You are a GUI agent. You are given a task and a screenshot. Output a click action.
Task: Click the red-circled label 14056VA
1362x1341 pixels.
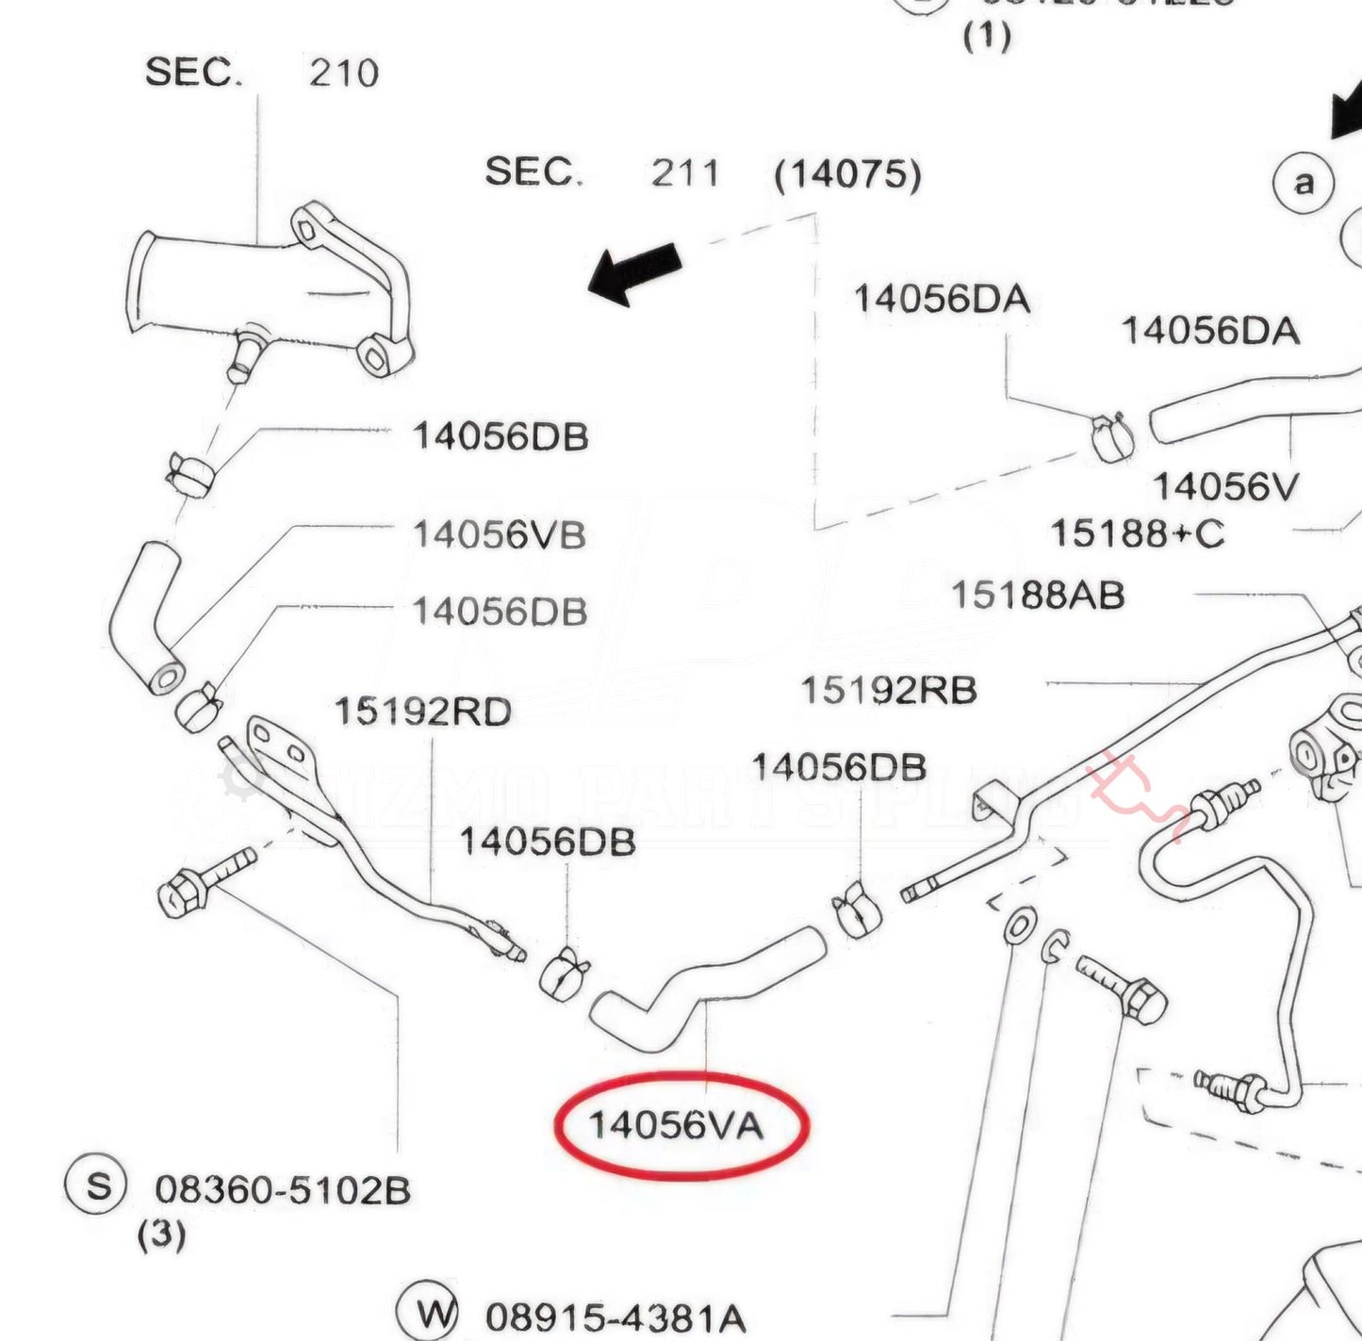[677, 1125]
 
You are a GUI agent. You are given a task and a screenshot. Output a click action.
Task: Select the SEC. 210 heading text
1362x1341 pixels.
[261, 73]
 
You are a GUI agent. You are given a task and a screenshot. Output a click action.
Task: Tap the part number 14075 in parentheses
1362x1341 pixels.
[846, 174]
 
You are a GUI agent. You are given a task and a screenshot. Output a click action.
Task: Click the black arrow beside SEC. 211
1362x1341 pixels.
[634, 273]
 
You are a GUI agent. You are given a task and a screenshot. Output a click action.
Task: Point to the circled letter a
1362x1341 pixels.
[1304, 183]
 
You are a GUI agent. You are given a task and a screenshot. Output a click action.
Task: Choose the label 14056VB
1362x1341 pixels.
[500, 535]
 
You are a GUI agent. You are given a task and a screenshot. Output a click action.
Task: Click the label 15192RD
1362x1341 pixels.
[423, 711]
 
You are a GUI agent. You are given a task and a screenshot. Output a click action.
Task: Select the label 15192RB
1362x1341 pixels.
[888, 691]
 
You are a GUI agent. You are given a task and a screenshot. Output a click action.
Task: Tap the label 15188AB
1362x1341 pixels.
[1037, 596]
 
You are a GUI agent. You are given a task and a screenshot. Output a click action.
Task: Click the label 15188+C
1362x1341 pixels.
[1137, 534]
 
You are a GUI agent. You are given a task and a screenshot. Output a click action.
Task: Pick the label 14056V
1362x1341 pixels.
[1225, 487]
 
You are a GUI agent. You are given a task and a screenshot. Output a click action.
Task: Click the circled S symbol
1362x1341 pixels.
[96, 1185]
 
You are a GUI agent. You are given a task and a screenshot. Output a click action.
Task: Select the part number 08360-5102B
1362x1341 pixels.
[283, 1190]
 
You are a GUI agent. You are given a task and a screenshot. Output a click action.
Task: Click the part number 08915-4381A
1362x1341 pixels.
[615, 1317]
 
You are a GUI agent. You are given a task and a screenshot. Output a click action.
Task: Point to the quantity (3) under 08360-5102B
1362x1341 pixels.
[161, 1235]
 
